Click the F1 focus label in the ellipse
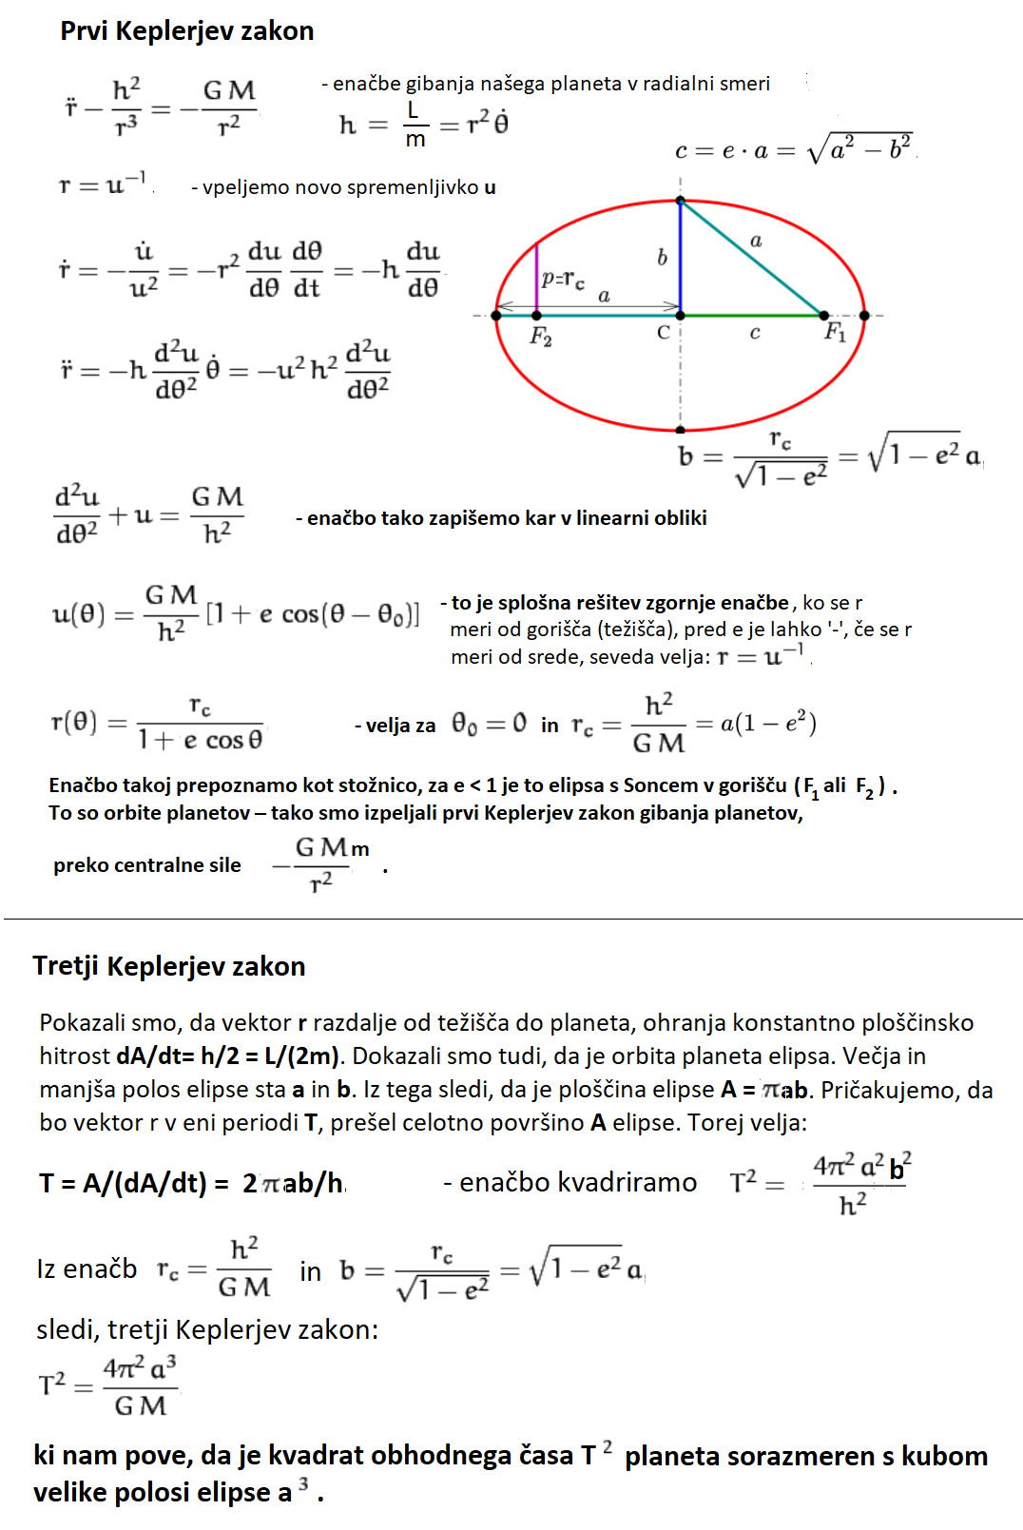click(x=835, y=332)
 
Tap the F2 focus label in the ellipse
click(x=541, y=336)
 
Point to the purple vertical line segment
click(x=536, y=278)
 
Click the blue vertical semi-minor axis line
click(x=680, y=257)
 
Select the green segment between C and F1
click(x=751, y=315)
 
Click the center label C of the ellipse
click(x=664, y=333)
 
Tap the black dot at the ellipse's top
click(x=680, y=201)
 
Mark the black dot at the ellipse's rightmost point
click(x=863, y=315)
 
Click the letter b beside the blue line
click(x=662, y=258)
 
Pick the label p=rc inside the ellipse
click(x=563, y=280)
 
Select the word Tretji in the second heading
click(x=67, y=967)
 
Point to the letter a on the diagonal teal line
click(x=756, y=241)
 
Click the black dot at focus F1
click(x=823, y=315)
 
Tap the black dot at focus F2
click(x=536, y=315)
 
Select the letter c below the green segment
click(x=755, y=333)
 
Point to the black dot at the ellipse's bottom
click(x=680, y=430)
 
